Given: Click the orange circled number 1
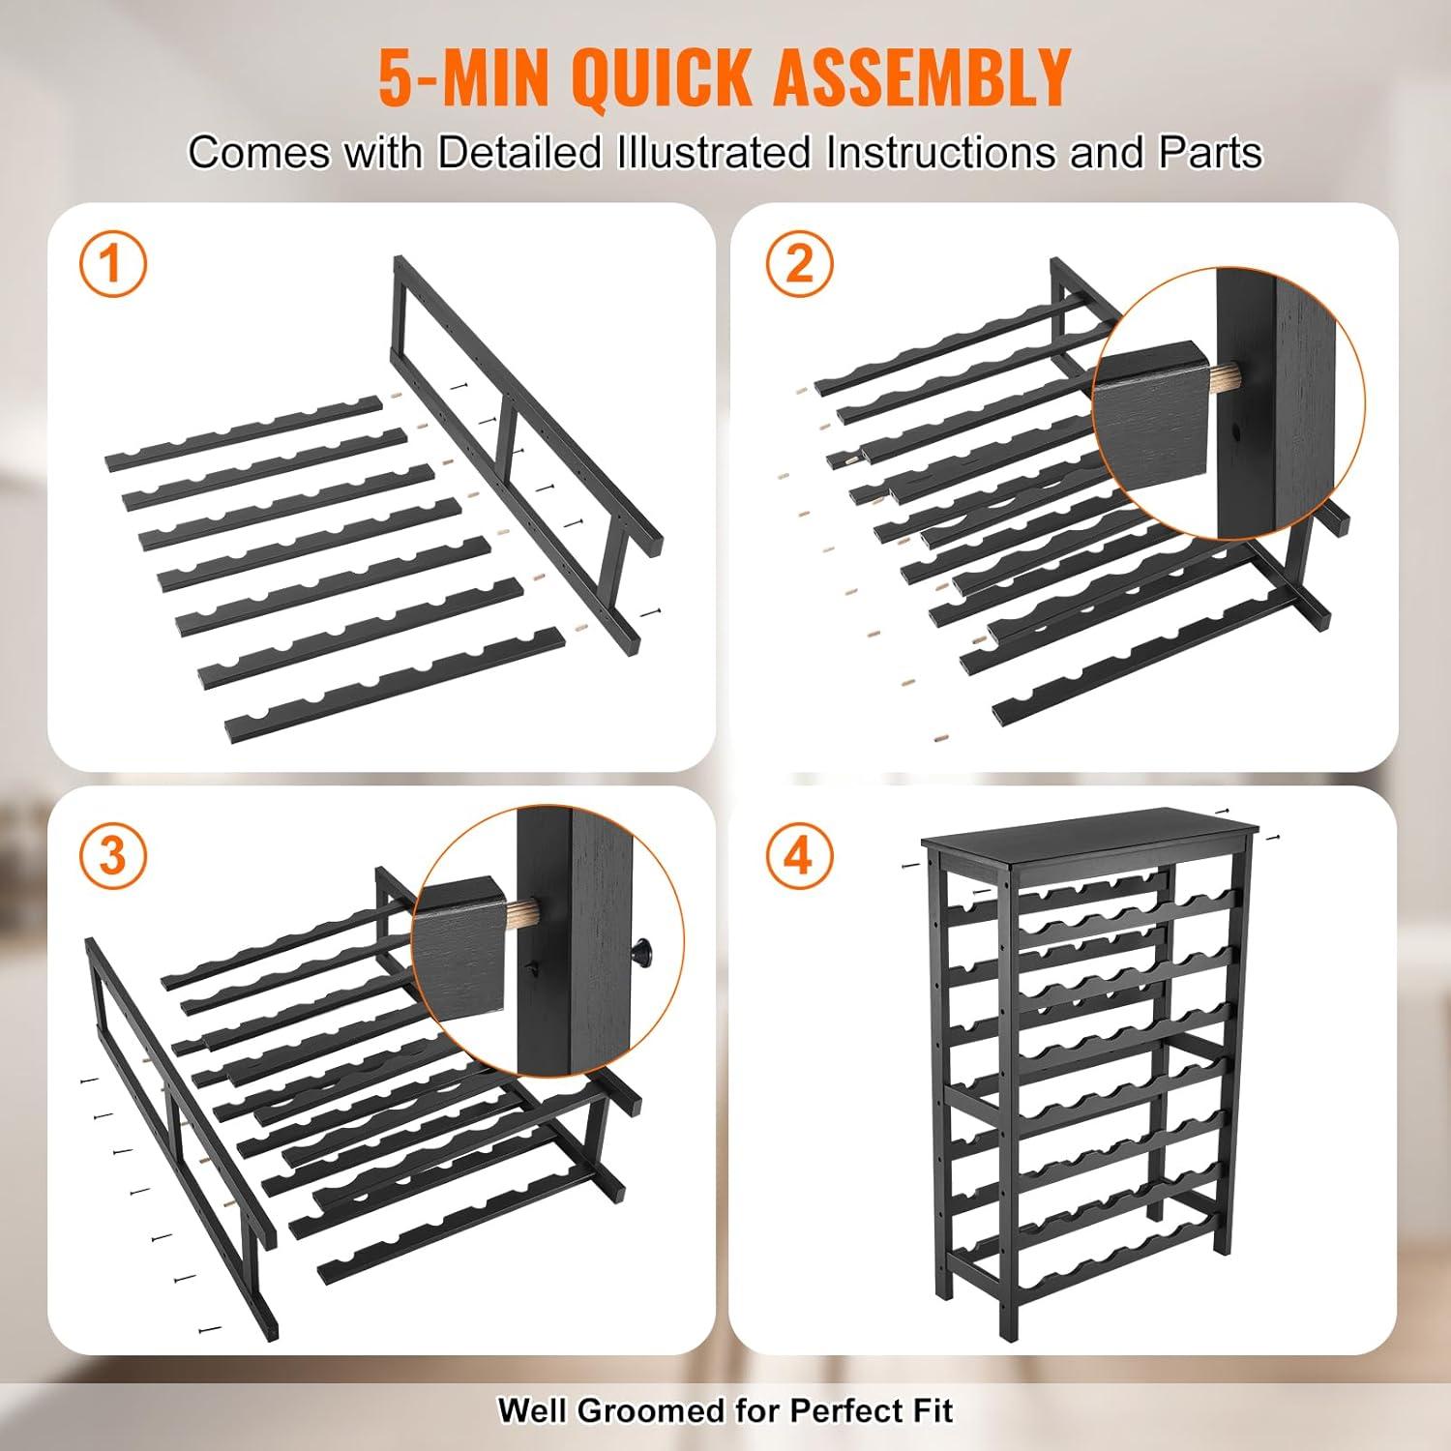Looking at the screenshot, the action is (113, 263).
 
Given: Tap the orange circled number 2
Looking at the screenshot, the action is (800, 263).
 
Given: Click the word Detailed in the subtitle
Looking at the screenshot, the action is (519, 153).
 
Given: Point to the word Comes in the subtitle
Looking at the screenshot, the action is (258, 153).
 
